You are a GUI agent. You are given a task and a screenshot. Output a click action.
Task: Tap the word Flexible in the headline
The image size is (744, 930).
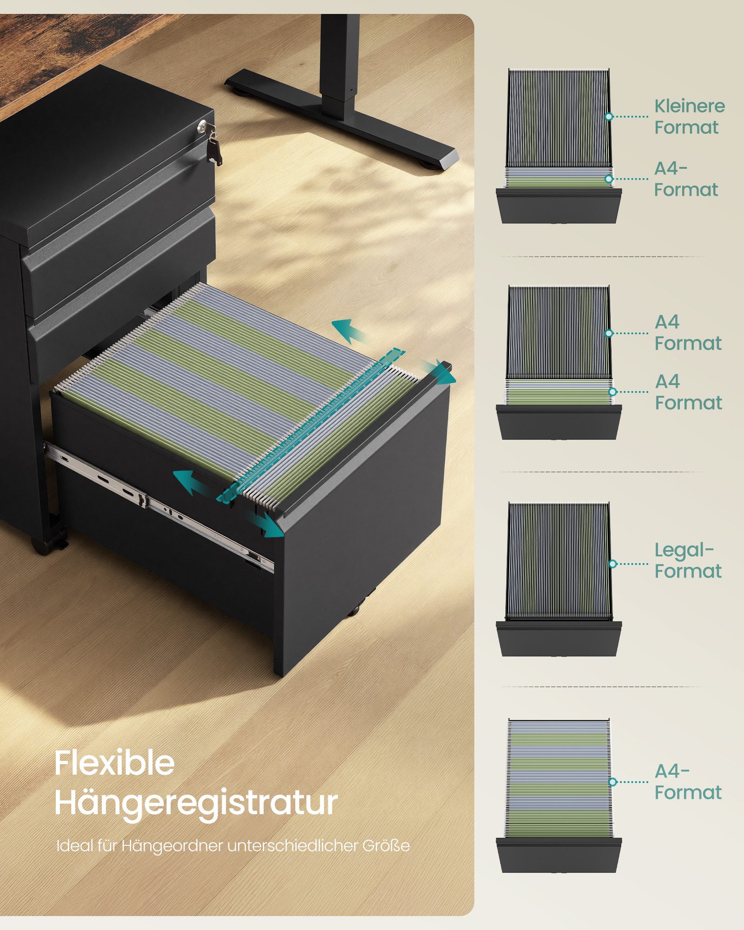(114, 763)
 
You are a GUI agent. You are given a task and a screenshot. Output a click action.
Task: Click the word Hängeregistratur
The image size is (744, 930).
(196, 804)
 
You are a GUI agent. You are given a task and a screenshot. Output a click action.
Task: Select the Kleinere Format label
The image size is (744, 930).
(689, 116)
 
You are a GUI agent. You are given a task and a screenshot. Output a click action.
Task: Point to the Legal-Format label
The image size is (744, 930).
(688, 560)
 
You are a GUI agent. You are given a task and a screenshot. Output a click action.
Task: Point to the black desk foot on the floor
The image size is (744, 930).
(342, 119)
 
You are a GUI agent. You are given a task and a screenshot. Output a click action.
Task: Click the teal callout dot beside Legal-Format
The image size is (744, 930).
(612, 564)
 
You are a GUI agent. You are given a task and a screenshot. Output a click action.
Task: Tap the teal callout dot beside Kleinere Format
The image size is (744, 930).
(609, 116)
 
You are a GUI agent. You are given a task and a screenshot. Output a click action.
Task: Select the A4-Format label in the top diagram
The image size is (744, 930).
(686, 179)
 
